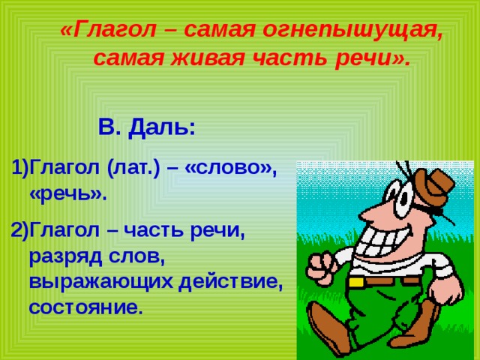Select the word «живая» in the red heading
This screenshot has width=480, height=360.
(207, 58)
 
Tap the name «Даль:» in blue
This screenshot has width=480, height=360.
(161, 127)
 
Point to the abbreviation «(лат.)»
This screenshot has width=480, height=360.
(133, 168)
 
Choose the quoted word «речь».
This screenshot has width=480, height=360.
(68, 194)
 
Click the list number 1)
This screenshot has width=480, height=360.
(20, 168)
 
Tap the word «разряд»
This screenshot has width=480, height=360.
(66, 256)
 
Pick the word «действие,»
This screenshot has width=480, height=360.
(231, 281)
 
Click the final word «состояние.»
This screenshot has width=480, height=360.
(86, 307)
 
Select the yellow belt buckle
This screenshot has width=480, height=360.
(356, 282)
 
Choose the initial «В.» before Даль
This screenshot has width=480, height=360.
(109, 127)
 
